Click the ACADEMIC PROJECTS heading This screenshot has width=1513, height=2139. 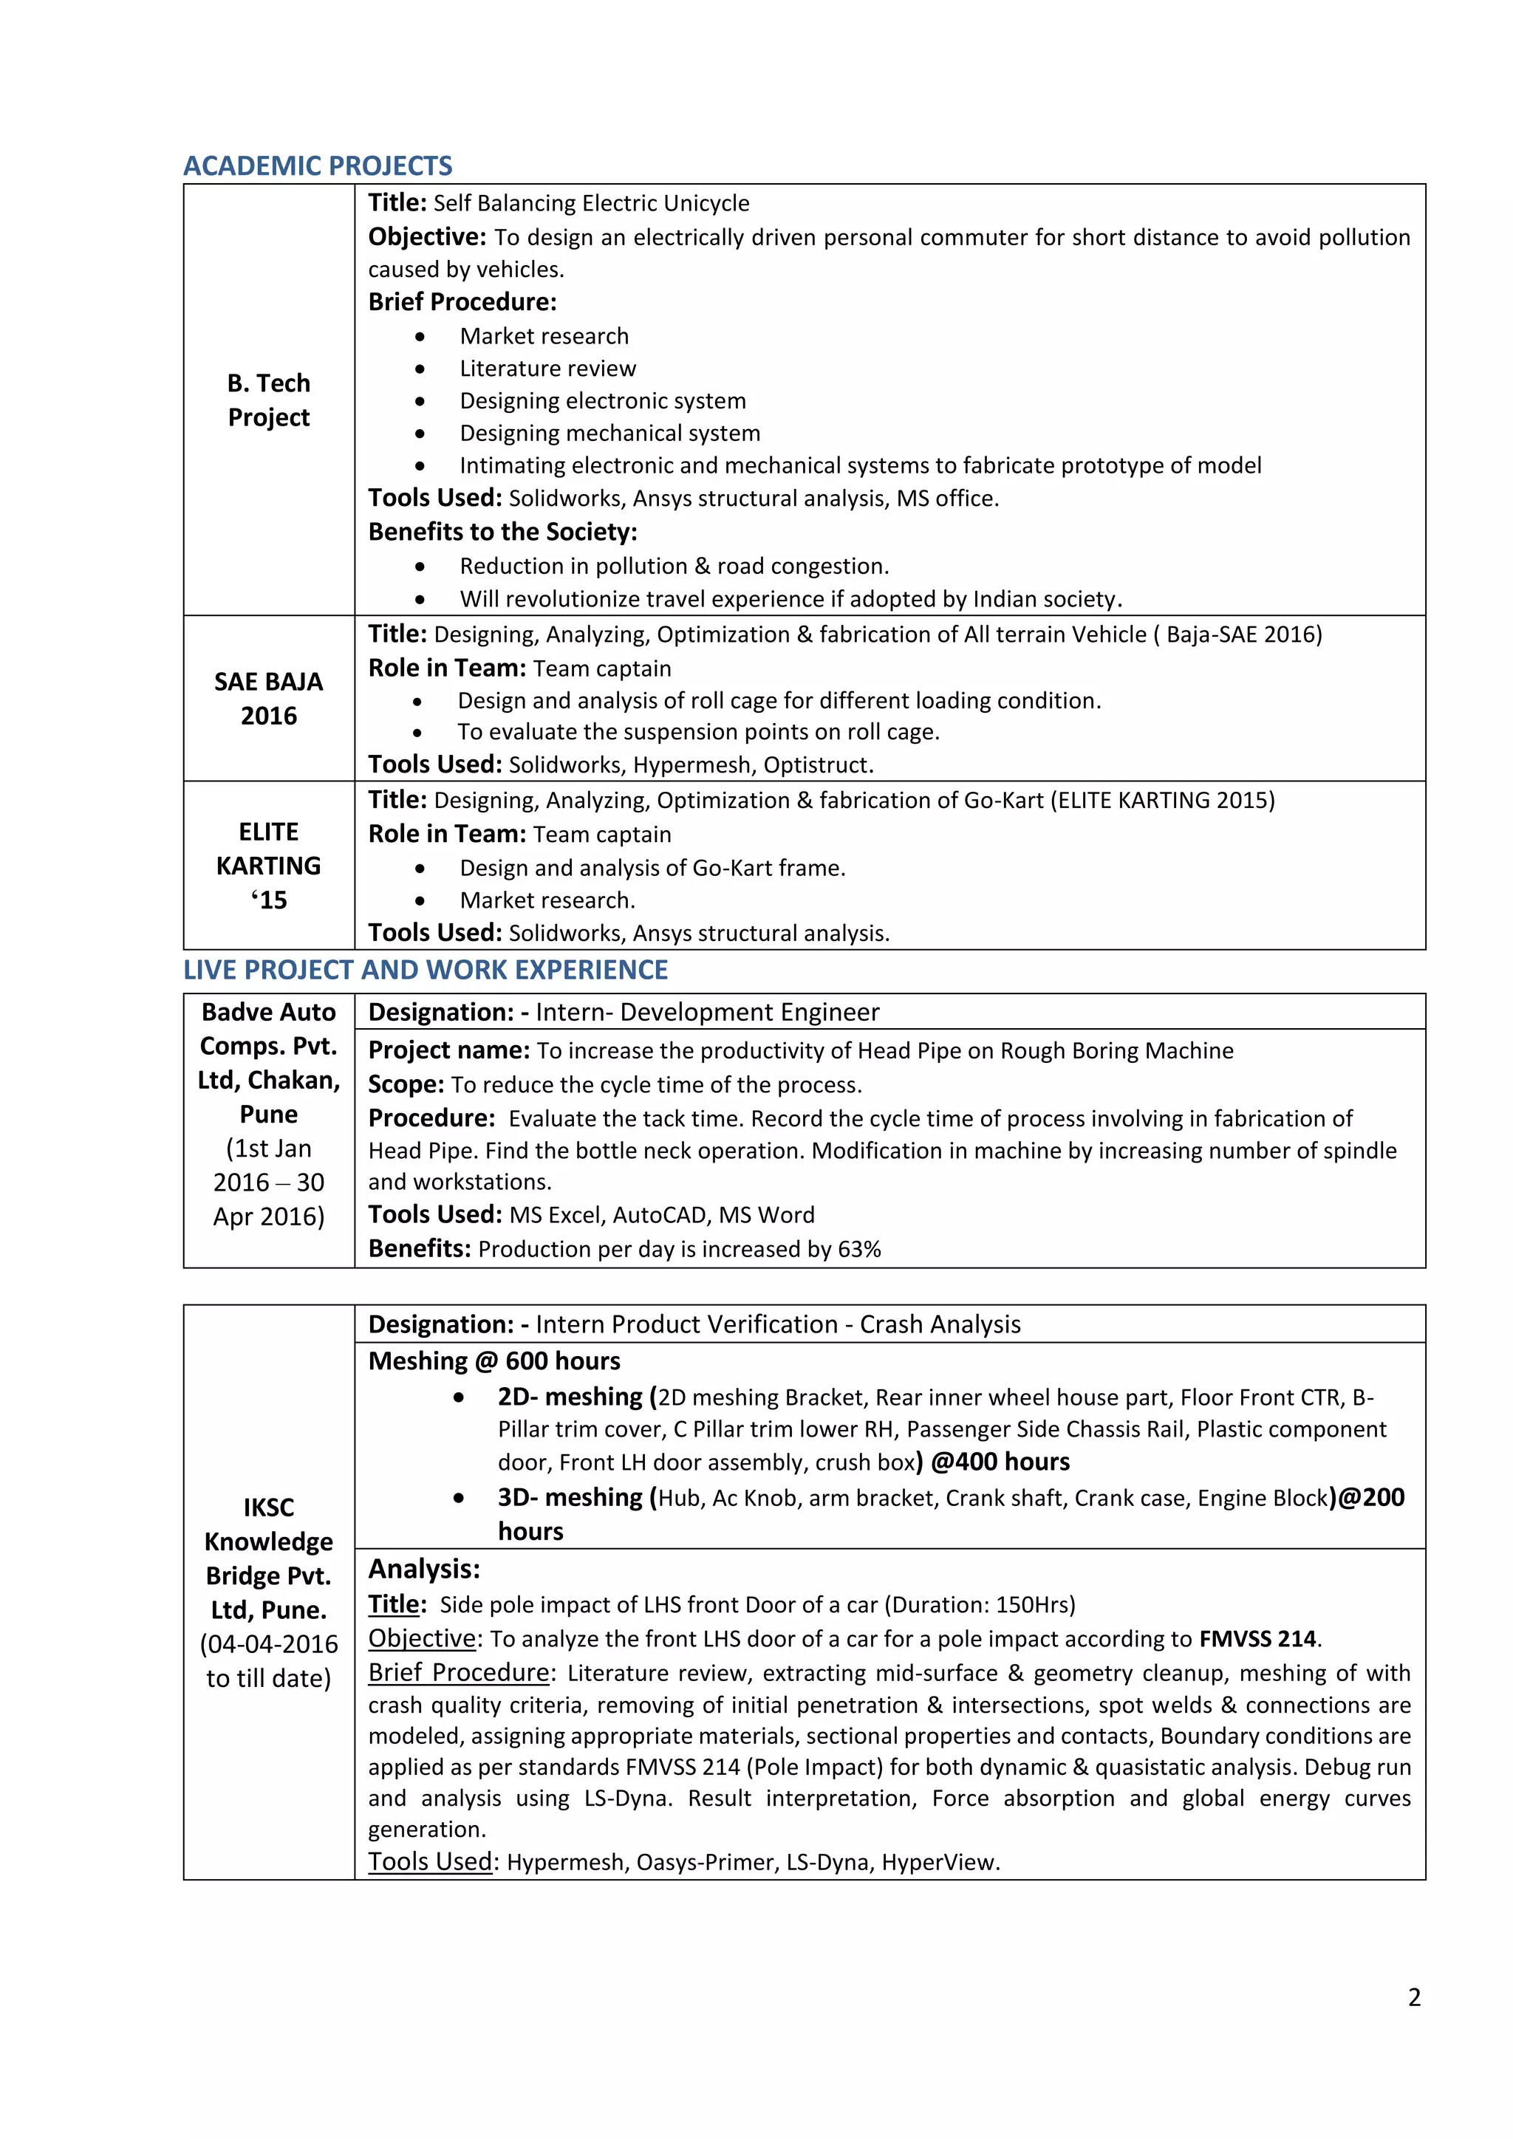pyautogui.click(x=318, y=166)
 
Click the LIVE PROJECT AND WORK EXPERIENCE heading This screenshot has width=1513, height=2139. pyautogui.click(x=425, y=970)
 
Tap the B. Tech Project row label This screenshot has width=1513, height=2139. pyautogui.click(x=268, y=400)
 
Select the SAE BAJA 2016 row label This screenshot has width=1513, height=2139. pyautogui.click(x=268, y=699)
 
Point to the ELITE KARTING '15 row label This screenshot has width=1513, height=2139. pyautogui.click(x=268, y=866)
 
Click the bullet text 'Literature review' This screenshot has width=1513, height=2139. pyautogui.click(x=548, y=369)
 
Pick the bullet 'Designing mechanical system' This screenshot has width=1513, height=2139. pyautogui.click(x=609, y=434)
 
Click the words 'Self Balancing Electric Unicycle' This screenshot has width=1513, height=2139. pyautogui.click(x=591, y=203)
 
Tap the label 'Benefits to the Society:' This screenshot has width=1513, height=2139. pyautogui.click(x=502, y=532)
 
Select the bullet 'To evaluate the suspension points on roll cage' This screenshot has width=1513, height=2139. pyautogui.click(x=698, y=732)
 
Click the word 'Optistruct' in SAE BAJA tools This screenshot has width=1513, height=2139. pyautogui.click(x=817, y=766)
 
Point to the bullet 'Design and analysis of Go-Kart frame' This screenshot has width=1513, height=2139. pyautogui.click(x=652, y=869)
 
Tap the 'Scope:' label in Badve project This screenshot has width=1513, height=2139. pyautogui.click(x=406, y=1085)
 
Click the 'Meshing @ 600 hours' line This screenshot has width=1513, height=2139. pyautogui.click(x=493, y=1361)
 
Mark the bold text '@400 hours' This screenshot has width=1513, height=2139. pyautogui.click(x=1000, y=1462)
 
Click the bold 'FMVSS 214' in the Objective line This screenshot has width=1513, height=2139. pyautogui.click(x=1257, y=1639)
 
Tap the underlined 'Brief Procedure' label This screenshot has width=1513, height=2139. pyautogui.click(x=458, y=1672)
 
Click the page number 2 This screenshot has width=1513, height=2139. pyautogui.click(x=1413, y=1997)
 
